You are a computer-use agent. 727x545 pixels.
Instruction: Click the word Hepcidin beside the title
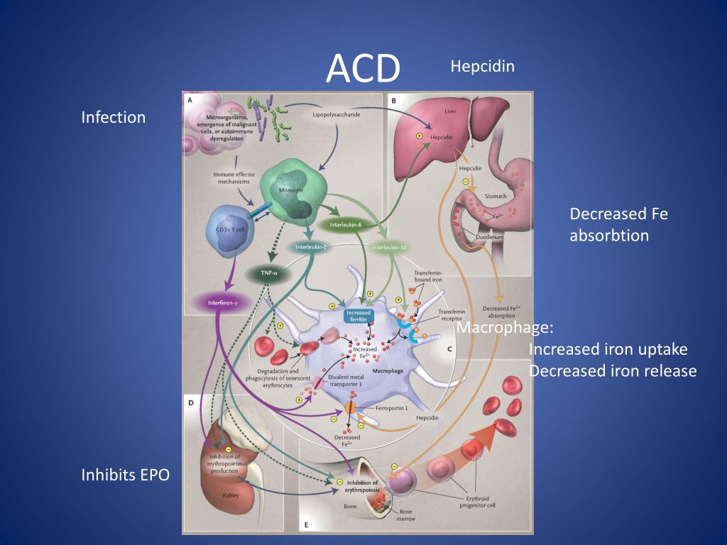(x=482, y=66)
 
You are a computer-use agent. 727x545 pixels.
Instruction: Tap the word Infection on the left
(x=114, y=116)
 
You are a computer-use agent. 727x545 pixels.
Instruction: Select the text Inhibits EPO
(x=126, y=475)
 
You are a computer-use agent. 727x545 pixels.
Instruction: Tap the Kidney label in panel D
(x=230, y=495)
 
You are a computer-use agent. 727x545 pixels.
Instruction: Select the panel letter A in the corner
(x=190, y=100)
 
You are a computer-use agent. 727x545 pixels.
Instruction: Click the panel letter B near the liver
(x=393, y=101)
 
